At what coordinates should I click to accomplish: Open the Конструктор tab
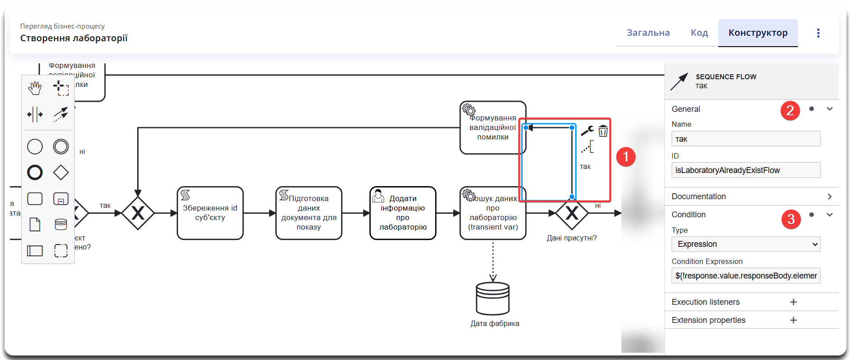coord(758,33)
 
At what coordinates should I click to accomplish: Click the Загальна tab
coord(648,33)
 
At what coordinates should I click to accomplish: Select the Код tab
coord(699,33)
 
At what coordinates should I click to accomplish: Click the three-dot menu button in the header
coord(818,33)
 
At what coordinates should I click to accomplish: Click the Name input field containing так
coord(745,139)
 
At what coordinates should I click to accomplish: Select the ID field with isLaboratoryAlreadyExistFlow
coord(745,170)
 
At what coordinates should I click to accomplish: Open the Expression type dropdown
coord(745,244)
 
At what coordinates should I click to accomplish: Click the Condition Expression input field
coord(745,276)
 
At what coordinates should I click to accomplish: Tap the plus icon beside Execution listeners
coord(793,302)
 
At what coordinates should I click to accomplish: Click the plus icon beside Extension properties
coord(793,320)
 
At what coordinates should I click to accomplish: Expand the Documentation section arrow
coord(830,197)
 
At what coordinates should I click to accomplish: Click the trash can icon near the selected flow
coord(603,131)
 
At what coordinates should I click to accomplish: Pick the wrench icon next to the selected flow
coord(587,131)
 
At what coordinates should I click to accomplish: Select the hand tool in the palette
coord(35,88)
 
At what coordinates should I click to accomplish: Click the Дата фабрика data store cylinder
coord(493,298)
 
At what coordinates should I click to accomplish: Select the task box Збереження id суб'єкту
coord(210,213)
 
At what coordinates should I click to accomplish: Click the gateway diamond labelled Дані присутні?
coord(572,213)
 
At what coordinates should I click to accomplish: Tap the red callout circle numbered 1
coord(626,157)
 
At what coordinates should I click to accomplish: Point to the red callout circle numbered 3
coord(791,220)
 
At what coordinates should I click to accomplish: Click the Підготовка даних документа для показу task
coord(309,213)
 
